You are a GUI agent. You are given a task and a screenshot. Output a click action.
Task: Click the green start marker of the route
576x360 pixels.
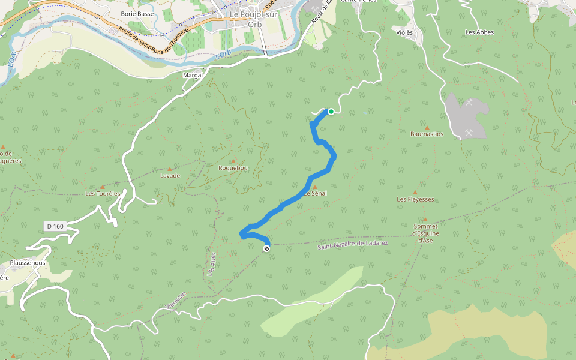tap(331, 111)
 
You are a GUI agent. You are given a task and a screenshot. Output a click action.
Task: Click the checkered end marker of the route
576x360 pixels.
tap(266, 248)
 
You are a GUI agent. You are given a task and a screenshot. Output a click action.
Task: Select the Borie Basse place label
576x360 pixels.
tap(137, 13)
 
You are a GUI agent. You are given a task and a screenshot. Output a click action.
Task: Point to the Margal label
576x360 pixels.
tap(193, 75)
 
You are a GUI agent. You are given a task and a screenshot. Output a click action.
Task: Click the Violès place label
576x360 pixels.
tap(405, 32)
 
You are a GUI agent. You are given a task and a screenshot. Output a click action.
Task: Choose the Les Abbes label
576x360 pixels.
tap(479, 32)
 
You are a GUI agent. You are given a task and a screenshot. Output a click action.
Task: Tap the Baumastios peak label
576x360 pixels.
tap(427, 134)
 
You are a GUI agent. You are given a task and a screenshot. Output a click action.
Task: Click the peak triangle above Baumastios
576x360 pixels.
tap(427, 127)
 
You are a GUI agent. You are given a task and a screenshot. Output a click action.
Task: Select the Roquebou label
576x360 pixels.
tap(233, 168)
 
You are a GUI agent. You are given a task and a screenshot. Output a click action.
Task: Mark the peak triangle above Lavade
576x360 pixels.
tap(169, 169)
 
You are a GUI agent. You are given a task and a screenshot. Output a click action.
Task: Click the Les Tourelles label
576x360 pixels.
tap(103, 194)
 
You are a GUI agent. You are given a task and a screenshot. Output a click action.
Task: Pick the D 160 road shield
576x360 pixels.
tap(54, 226)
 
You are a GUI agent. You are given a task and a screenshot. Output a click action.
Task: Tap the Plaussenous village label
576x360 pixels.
tap(28, 263)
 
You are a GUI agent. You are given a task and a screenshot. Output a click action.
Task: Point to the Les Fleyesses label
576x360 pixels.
tap(415, 199)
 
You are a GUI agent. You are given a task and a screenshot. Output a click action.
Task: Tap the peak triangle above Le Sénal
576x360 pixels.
tap(314, 187)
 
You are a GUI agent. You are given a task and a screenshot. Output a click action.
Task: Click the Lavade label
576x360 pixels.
tap(170, 176)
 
